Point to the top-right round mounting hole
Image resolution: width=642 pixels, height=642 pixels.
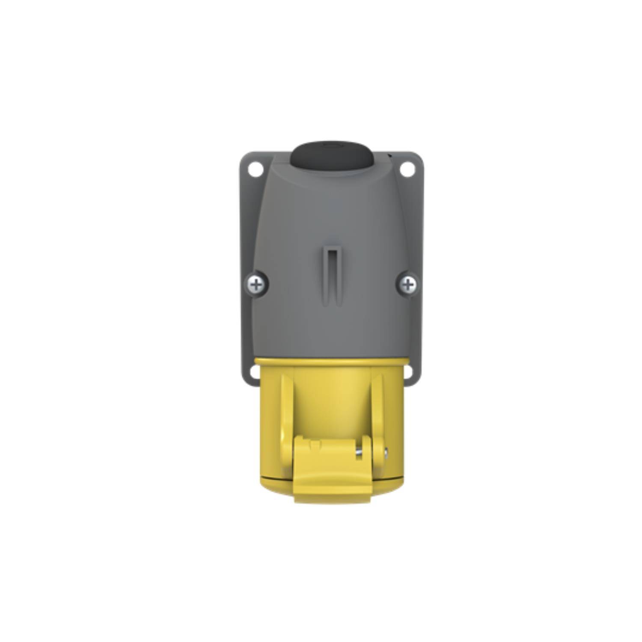tap(407, 170)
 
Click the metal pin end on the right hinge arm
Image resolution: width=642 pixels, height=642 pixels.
tap(387, 450)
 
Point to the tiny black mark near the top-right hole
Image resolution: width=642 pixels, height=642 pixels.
tap(389, 155)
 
